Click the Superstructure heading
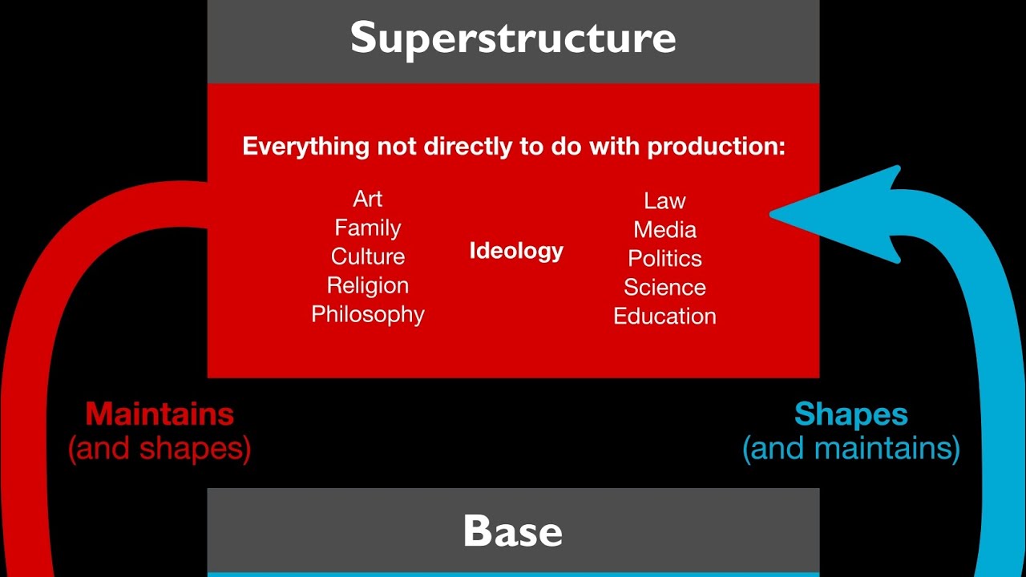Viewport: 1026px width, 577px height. coord(513,38)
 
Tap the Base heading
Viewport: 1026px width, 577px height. coord(513,531)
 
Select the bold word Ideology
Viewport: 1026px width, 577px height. coord(516,251)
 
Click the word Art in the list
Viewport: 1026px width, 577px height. coord(367,199)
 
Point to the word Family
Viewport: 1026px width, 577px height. coord(367,228)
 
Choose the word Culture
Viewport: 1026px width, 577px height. coord(367,256)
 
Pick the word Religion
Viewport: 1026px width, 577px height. coord(367,285)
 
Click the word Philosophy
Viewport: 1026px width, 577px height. coord(367,314)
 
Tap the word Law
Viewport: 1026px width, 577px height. coord(664,200)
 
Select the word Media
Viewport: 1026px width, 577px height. coord(664,230)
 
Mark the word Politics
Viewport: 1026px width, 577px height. coord(664,258)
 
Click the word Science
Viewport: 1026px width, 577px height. coord(664,287)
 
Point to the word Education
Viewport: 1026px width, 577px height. coord(664,316)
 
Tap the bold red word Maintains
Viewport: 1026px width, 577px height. coord(160,414)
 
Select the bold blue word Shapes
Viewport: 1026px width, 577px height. coord(850,414)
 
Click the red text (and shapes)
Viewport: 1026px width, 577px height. coord(160,449)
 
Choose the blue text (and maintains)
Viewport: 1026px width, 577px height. coord(850,449)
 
